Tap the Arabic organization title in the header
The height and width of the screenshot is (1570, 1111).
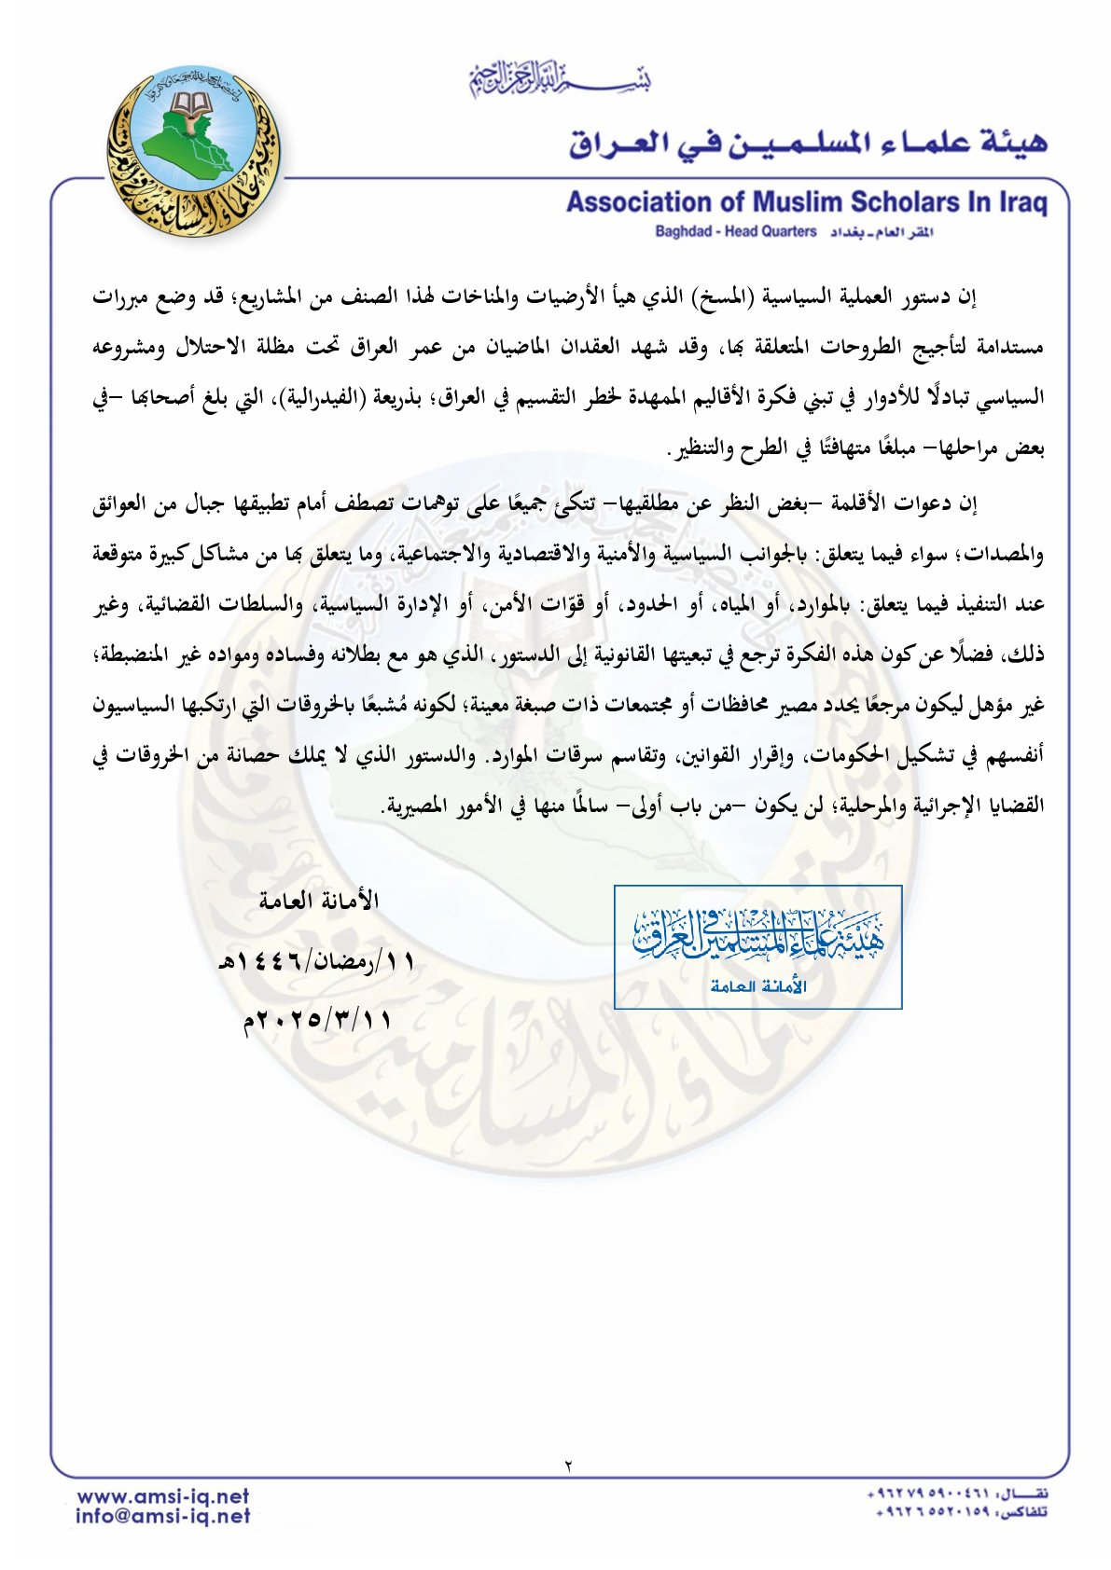809,143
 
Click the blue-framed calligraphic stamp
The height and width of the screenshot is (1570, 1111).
757,946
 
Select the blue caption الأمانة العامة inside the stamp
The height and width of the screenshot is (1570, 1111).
757,986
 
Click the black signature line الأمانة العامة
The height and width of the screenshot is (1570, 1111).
318,901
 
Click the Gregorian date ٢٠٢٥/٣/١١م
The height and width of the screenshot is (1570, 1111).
317,1020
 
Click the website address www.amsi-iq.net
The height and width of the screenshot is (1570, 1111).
163,1496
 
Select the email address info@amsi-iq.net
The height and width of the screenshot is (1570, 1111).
163,1517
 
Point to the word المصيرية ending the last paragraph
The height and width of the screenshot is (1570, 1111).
430,806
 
